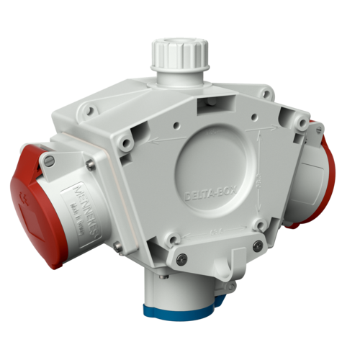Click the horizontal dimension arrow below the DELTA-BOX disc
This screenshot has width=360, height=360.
[x=216, y=232]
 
